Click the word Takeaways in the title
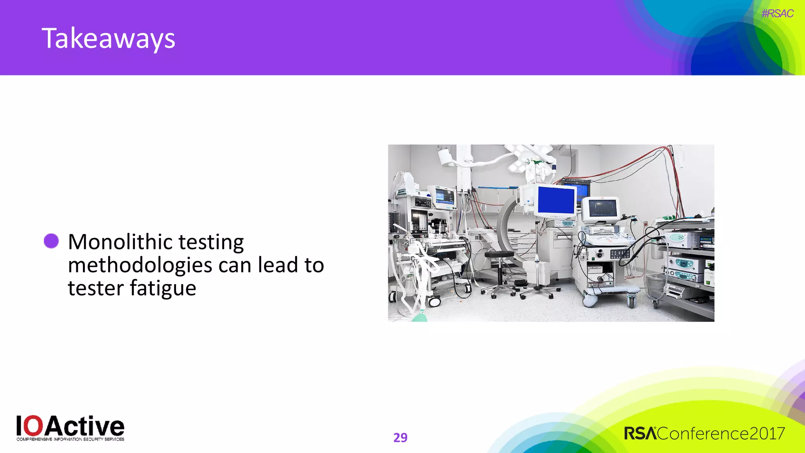108,39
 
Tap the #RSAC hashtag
777,13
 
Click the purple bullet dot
51,241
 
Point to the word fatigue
163,288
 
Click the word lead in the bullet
278,265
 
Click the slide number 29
400,437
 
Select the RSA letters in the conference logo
640,433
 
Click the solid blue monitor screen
556,200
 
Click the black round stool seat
499,254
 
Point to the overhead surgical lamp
527,157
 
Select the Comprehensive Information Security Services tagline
70,439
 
